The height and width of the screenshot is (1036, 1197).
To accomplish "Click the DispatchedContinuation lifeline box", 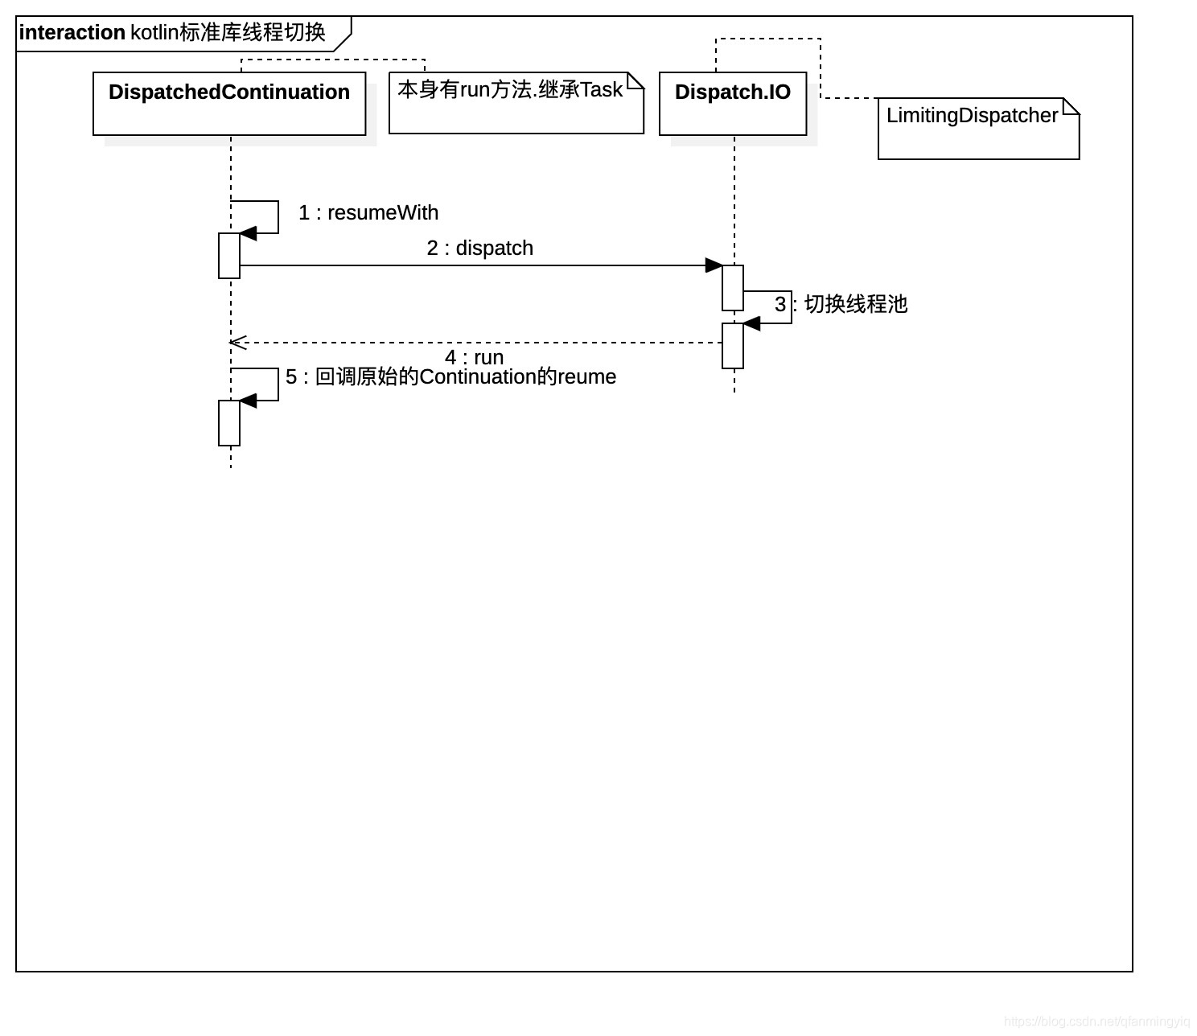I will (x=229, y=104).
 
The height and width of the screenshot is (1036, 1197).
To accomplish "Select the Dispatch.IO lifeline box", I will (x=733, y=104).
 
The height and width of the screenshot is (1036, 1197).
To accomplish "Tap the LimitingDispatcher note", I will (x=977, y=129).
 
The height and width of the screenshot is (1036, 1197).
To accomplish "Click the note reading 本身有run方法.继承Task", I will (x=516, y=103).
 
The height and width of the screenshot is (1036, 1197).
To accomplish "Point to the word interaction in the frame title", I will (x=72, y=33).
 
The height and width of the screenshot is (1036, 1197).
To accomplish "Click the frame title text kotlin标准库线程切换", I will (x=228, y=33).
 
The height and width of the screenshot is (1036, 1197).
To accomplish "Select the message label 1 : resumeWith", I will (x=368, y=213).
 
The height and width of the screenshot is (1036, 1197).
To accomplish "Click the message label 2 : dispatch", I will (x=479, y=249).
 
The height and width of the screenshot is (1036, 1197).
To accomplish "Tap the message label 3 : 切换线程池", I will (x=841, y=304).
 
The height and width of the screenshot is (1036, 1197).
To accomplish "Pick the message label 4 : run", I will (x=474, y=357).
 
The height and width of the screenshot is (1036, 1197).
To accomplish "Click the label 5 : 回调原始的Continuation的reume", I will (x=450, y=377).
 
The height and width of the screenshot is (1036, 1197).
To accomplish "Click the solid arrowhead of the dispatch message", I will (x=714, y=265).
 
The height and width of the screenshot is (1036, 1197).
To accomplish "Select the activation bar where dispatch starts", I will (x=229, y=256).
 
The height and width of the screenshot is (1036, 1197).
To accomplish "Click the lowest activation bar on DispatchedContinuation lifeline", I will (x=229, y=423).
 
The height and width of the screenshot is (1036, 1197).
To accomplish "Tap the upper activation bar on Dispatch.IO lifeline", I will (x=733, y=287).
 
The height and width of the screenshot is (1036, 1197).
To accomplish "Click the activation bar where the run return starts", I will (x=733, y=346).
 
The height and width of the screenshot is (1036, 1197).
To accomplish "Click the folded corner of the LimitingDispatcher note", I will (x=1072, y=105).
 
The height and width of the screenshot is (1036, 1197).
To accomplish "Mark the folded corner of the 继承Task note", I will (x=636, y=80).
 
